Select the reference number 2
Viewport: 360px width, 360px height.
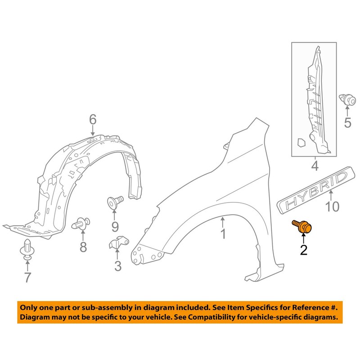tap(303, 250)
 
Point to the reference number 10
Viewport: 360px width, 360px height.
tap(332, 207)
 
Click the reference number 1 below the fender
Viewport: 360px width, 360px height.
tap(223, 233)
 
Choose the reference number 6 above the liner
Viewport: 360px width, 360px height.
tap(93, 120)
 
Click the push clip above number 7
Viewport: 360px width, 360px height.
tap(27, 250)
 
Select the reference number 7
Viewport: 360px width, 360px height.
tap(27, 277)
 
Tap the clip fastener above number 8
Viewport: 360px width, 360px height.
tap(81, 223)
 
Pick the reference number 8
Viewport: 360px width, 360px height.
tap(83, 247)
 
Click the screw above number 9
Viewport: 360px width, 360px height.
tap(115, 202)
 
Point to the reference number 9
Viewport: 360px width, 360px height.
tap(115, 227)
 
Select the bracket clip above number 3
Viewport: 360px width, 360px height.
tap(118, 242)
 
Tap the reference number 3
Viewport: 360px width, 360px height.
tap(118, 266)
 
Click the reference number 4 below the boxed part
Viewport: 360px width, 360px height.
tap(315, 166)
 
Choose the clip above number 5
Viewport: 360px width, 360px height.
tap(347, 100)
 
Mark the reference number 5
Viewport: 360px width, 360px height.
tap(347, 122)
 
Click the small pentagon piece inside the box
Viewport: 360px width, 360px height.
tap(301, 142)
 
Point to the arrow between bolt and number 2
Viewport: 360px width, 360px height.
tap(303, 238)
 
